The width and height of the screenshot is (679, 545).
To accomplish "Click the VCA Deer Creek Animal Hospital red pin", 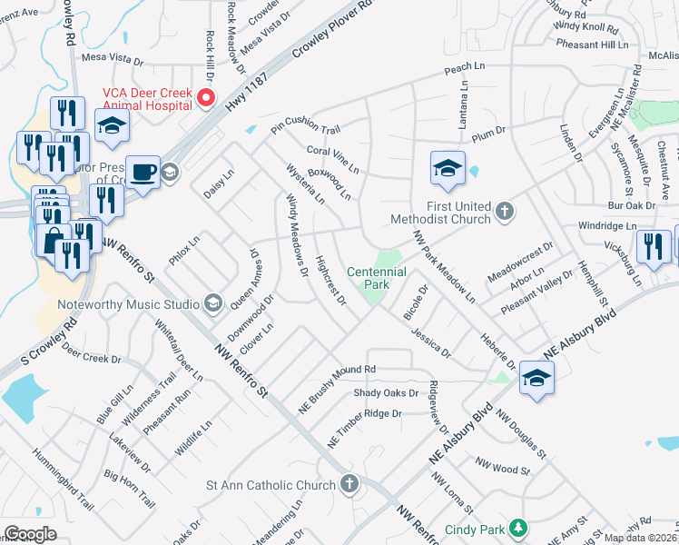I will point(206,97).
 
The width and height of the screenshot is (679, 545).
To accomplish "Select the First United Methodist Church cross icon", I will point(506,213).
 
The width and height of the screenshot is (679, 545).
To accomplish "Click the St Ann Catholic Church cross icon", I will point(348,484).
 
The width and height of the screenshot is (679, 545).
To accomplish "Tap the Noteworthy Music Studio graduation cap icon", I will point(212,302).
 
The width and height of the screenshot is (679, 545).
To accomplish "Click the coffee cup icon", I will point(143,173).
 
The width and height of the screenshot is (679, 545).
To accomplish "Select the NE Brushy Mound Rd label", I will point(340,371).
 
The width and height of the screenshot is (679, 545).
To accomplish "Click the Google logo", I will point(30,534).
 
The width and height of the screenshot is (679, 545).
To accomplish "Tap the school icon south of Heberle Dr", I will point(536,379).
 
